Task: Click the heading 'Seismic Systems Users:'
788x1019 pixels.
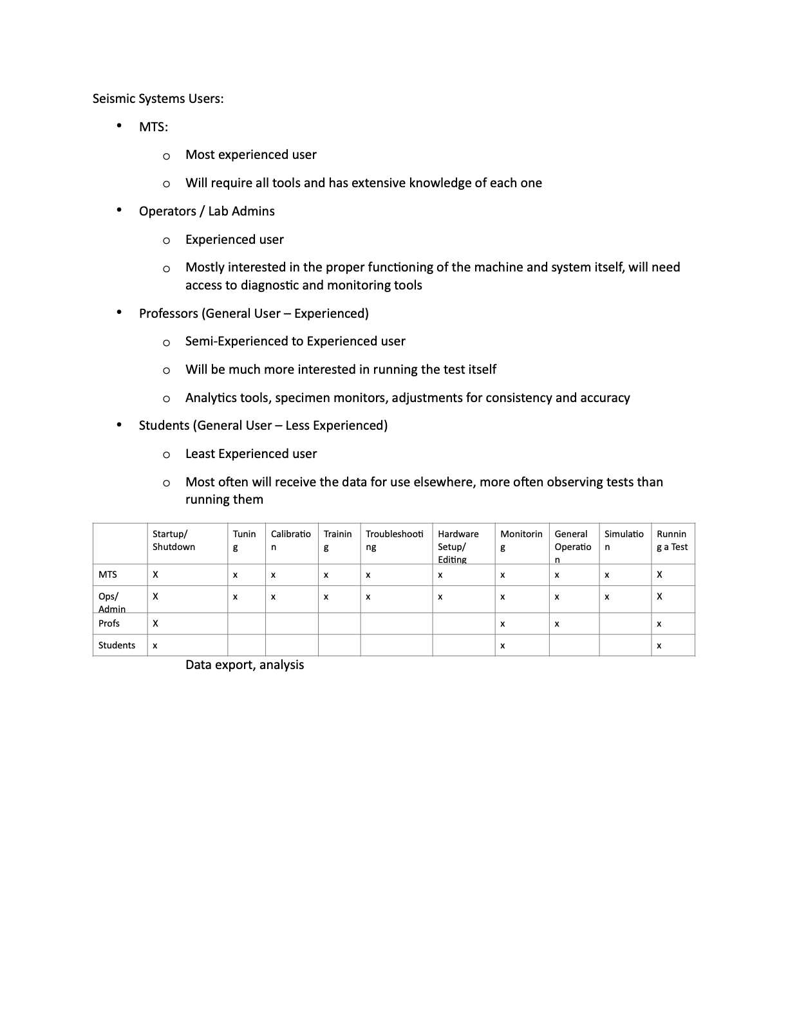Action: pos(158,98)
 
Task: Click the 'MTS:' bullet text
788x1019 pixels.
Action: pos(153,127)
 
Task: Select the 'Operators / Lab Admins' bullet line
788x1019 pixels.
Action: pos(207,211)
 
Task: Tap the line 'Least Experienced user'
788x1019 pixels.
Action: pos(250,454)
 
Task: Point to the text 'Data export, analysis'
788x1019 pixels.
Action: pos(245,665)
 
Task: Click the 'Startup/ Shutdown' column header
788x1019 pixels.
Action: pos(174,540)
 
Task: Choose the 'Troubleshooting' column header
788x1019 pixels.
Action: pos(394,540)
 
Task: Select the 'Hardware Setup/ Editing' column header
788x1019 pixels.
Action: pos(458,546)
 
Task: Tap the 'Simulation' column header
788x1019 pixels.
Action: pos(624,540)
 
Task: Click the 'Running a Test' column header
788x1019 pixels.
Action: pos(671,540)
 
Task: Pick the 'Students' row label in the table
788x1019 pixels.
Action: pos(117,645)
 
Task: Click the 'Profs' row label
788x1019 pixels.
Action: pos(109,623)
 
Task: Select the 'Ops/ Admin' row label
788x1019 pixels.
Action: pos(111,601)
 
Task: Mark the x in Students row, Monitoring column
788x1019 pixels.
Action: pos(503,646)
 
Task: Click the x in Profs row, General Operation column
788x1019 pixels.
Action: pos(557,624)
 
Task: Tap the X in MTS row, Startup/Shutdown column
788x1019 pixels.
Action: pos(155,574)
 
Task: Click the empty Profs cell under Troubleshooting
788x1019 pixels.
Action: pos(396,623)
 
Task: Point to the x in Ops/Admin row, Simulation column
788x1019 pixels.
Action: pos(607,597)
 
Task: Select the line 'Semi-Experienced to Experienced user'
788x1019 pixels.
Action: pos(295,341)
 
